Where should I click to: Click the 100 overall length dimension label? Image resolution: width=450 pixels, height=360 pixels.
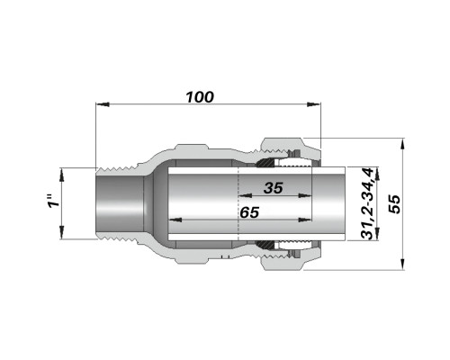pyautogui.click(x=200, y=97)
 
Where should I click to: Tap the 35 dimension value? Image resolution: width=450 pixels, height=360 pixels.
pyautogui.click(x=274, y=188)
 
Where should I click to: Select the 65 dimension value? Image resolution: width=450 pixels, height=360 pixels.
pyautogui.click(x=249, y=212)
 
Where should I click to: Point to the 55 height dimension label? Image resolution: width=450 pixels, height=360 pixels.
pyautogui.click(x=394, y=204)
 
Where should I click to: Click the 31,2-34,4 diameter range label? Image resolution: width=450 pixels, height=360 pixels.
pyautogui.click(x=367, y=203)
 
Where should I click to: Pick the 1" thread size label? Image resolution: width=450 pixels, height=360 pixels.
pyautogui.click(x=54, y=201)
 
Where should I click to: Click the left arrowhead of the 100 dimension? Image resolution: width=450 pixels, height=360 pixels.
pyautogui.click(x=103, y=104)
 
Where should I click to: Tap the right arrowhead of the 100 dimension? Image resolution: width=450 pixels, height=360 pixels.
pyautogui.click(x=314, y=104)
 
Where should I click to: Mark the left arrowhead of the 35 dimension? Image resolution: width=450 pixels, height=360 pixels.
pyautogui.click(x=245, y=196)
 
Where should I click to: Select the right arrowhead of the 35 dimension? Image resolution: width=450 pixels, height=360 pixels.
pyautogui.click(x=305, y=196)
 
